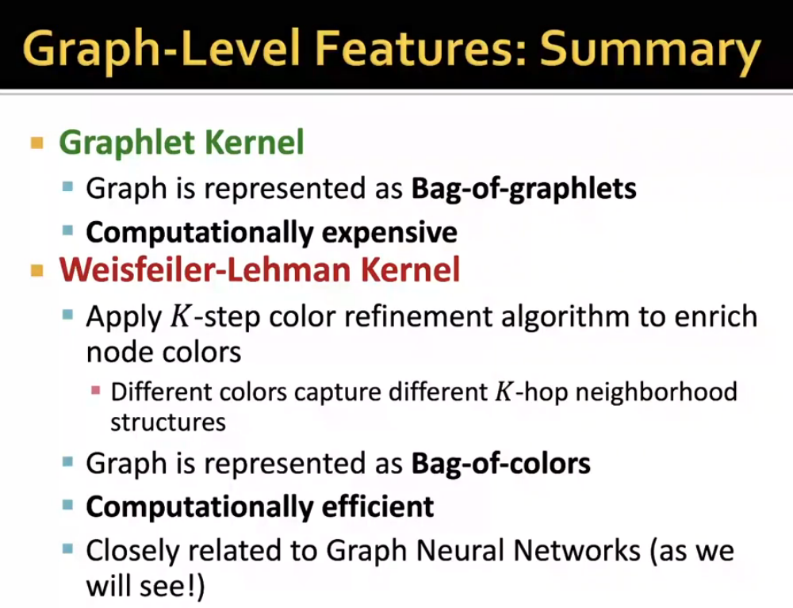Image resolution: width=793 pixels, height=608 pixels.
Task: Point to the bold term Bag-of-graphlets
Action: point(523,189)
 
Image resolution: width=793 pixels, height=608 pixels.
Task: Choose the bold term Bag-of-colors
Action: point(500,464)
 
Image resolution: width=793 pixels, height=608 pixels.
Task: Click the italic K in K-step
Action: point(180,317)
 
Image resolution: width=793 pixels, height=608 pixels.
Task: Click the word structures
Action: point(167,422)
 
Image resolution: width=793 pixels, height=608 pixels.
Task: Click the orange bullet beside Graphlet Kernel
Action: point(36,143)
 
